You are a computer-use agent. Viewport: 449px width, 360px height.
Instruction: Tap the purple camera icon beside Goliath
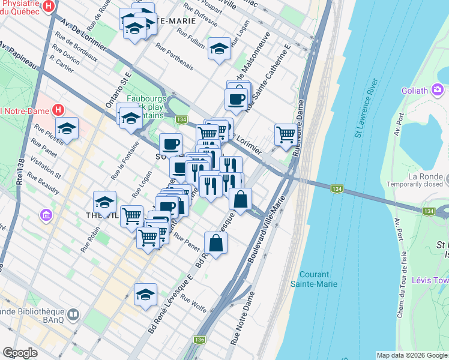pyautogui.click(x=438, y=90)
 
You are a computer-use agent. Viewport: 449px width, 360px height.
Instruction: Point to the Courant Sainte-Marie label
pyautogui.click(x=314, y=279)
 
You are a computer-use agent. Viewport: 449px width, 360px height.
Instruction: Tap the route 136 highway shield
pyautogui.click(x=199, y=340)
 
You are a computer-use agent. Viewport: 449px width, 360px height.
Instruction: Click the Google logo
pyautogui.click(x=20, y=353)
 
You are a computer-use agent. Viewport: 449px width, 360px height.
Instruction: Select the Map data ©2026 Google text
pyautogui.click(x=412, y=355)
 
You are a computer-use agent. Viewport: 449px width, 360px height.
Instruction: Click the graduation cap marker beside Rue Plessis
pyautogui.click(x=67, y=128)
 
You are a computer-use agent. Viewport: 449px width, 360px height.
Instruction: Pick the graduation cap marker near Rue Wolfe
pyautogui.click(x=145, y=295)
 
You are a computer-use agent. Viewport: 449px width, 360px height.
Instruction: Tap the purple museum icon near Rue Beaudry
pyautogui.click(x=46, y=214)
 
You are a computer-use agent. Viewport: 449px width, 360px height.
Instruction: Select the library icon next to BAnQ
pyautogui.click(x=73, y=315)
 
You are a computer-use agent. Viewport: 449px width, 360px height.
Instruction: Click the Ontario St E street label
pyautogui.click(x=119, y=91)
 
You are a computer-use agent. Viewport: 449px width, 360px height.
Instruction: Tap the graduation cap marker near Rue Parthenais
pyautogui.click(x=220, y=49)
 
